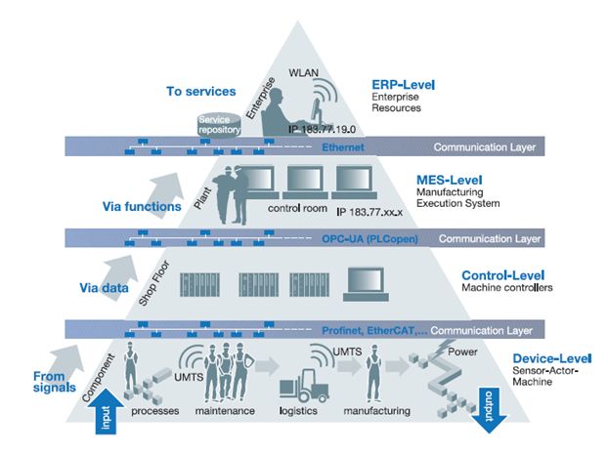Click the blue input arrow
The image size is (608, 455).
pos(106,411)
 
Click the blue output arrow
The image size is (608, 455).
pos(490,410)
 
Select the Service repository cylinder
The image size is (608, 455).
pos(219,125)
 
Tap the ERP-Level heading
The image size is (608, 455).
pos(404,84)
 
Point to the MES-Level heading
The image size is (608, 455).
pos(450,180)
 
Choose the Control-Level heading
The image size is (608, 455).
pos(502,275)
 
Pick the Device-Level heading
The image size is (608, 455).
pos(552,358)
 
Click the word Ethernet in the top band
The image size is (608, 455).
pos(343,147)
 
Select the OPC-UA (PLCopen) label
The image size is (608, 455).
pos(369,239)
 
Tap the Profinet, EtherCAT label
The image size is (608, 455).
pos(374,331)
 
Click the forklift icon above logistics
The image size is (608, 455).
pos(304,386)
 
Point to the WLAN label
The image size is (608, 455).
pos(304,73)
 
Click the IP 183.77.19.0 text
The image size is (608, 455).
pos(322,129)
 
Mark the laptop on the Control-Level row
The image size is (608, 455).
pos(366,284)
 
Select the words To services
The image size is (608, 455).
pos(200,92)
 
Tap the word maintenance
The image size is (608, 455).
pos(225,410)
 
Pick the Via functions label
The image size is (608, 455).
pos(142,206)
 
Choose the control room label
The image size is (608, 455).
pos(297,208)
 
